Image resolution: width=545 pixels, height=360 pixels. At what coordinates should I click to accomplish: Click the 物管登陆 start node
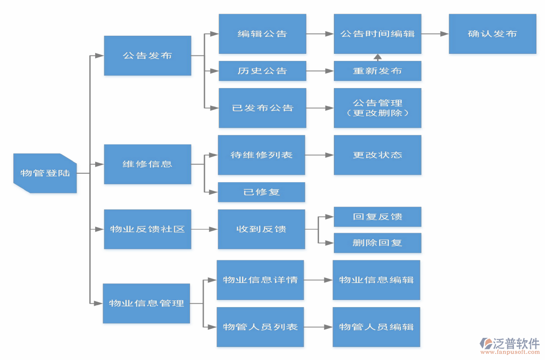[45, 173]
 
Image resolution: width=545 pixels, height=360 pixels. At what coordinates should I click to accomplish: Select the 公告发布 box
[147, 55]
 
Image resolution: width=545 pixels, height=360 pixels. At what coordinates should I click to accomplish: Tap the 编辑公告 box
[262, 34]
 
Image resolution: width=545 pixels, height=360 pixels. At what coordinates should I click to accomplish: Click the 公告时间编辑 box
[377, 34]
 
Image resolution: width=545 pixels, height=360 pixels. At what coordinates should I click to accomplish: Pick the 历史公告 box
[262, 71]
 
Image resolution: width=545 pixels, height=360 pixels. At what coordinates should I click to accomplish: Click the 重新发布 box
[377, 71]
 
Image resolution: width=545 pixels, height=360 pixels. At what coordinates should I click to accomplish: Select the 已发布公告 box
[262, 108]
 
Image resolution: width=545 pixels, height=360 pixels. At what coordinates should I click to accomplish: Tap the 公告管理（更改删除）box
[377, 108]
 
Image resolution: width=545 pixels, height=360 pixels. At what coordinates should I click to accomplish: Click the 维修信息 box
[147, 164]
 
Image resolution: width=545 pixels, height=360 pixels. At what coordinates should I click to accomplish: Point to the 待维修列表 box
[261, 155]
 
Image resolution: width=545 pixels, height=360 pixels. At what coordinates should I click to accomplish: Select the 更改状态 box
[377, 155]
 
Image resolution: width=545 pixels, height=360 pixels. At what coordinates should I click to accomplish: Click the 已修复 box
[261, 192]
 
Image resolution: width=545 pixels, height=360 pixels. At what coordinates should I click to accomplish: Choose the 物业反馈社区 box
[147, 229]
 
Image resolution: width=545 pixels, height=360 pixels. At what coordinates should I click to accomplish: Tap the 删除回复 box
[377, 243]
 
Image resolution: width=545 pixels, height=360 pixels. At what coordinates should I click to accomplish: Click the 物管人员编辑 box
[376, 327]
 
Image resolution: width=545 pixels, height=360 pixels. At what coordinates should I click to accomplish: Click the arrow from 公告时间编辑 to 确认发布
[435, 34]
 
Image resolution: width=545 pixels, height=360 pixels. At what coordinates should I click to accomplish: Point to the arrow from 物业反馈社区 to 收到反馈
[204, 229]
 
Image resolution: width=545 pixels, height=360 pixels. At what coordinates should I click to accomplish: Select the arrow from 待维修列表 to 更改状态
[319, 155]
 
